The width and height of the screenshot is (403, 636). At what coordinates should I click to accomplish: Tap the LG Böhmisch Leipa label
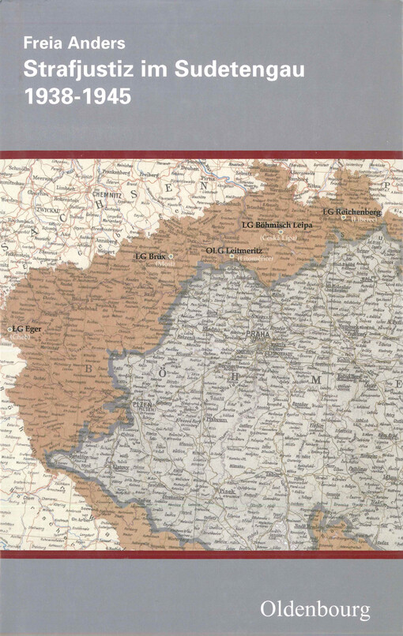[x=277, y=225]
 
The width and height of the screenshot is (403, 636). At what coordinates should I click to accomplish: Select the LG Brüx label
[x=150, y=256]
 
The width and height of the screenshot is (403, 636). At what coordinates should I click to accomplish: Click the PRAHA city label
[x=258, y=334]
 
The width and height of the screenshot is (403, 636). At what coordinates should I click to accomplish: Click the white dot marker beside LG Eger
[x=9, y=329]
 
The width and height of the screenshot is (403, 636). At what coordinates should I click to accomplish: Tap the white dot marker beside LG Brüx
[x=171, y=256]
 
